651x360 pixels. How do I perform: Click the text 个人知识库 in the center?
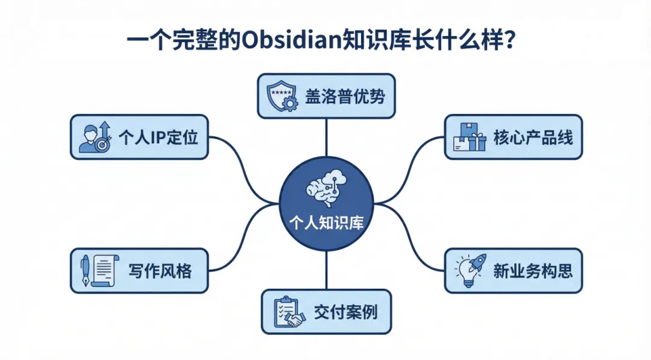(x=326, y=223)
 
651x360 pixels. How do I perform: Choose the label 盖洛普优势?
(x=345, y=96)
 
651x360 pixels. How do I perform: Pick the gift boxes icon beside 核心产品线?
(x=469, y=137)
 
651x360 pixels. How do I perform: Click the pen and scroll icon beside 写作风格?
(x=96, y=271)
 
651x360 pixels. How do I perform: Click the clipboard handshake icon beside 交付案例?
(x=288, y=312)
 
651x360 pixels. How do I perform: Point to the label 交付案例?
(x=345, y=312)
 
